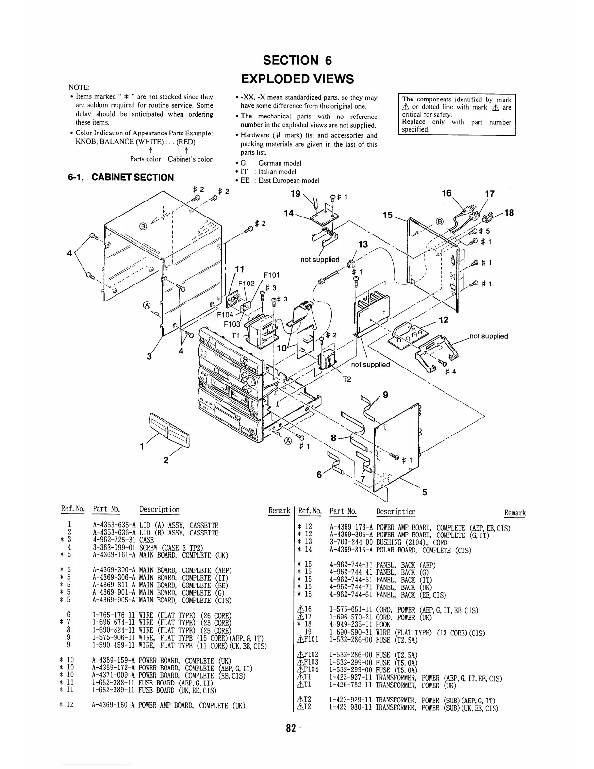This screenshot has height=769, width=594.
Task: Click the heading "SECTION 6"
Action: coord(297,60)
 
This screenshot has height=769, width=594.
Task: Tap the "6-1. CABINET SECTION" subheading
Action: coord(121,177)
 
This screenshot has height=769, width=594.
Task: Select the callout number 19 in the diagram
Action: coord(295,194)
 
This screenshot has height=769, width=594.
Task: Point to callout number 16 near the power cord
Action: coord(447,193)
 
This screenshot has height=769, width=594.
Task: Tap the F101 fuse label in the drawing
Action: coord(270,275)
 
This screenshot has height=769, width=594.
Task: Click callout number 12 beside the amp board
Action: coord(444,320)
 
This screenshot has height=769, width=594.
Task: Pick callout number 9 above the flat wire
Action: coord(385,395)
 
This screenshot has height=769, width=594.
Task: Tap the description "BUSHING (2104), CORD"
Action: coord(412,543)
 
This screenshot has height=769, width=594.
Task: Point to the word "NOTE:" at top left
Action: coord(79,87)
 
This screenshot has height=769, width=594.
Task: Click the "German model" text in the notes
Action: coord(280,163)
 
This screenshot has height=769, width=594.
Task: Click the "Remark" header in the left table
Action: coord(279,510)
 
